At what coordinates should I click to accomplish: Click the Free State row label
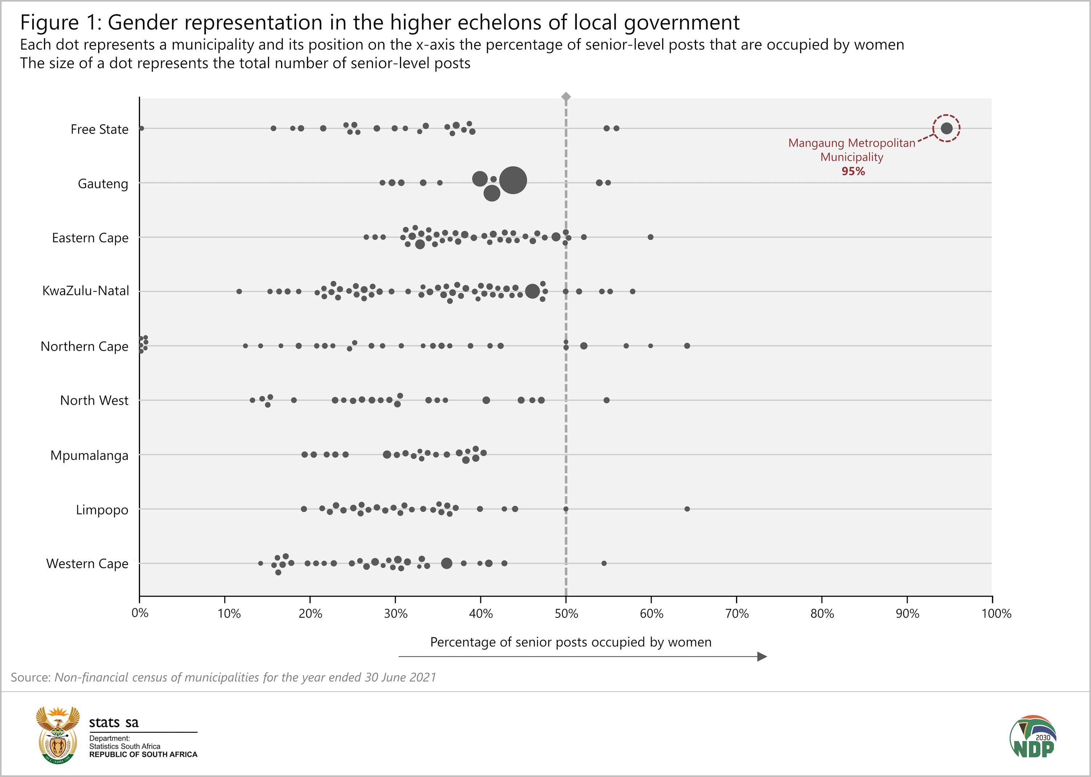(x=100, y=129)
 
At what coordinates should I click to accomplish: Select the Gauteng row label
(x=103, y=184)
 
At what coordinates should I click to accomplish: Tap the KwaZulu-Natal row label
(x=85, y=291)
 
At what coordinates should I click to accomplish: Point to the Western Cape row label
(x=87, y=563)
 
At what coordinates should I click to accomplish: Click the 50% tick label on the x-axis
(x=566, y=614)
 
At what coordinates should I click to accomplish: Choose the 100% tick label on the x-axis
(x=996, y=614)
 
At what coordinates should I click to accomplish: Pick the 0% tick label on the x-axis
(x=140, y=613)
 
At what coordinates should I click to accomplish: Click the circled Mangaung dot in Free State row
(x=946, y=128)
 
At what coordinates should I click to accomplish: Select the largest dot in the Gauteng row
(x=513, y=180)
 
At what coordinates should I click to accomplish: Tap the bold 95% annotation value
(x=853, y=171)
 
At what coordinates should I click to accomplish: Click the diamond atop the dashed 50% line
(x=566, y=97)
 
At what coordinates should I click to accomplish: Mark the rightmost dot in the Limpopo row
(x=687, y=509)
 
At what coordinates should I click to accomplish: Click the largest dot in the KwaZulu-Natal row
(x=532, y=291)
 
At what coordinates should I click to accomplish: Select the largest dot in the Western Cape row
(x=446, y=563)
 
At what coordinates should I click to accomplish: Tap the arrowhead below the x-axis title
(x=762, y=657)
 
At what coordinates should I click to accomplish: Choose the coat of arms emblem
(x=58, y=735)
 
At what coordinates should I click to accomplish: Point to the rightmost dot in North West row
(x=607, y=400)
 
